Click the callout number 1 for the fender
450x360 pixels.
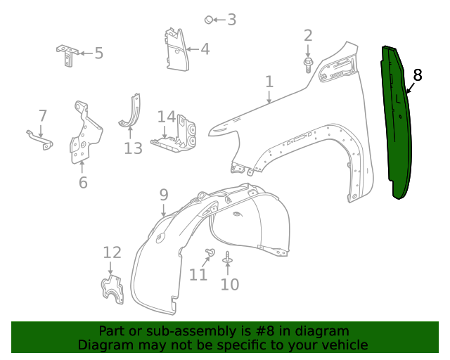(269, 82)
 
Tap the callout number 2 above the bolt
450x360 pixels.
(308, 36)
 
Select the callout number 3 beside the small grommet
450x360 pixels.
(231, 20)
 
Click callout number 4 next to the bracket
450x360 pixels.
(205, 49)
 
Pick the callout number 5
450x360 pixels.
(98, 53)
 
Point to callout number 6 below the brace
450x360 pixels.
(83, 183)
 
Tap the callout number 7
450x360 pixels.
(42, 115)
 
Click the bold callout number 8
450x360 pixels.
(418, 75)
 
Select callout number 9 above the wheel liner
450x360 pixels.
(163, 194)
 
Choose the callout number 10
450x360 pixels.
(230, 284)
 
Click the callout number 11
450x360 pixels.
(198, 274)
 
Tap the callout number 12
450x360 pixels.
(112, 252)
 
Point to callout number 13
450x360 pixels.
(133, 148)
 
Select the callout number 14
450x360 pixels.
(167, 117)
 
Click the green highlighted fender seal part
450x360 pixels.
(396, 120)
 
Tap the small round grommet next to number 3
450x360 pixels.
(209, 20)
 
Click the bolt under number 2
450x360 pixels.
(308, 65)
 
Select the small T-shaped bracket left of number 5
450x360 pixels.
(67, 53)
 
